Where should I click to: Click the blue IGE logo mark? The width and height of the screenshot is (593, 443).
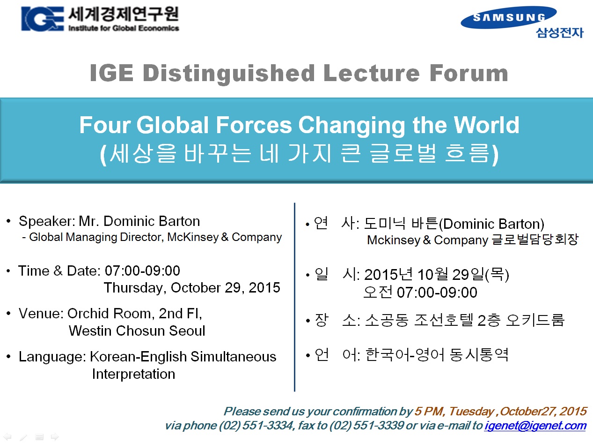tap(43, 19)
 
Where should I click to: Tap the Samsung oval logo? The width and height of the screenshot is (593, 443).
tap(508, 17)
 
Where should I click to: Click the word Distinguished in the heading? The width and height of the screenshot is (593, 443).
tap(228, 73)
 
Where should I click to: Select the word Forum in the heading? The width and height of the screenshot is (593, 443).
tap(469, 73)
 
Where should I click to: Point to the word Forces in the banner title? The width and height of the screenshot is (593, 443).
tap(254, 125)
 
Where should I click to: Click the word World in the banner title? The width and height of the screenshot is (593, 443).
tap(486, 125)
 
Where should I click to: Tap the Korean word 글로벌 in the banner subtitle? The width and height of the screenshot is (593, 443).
tap(403, 153)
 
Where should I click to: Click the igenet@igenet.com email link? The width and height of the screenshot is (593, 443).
tap(535, 425)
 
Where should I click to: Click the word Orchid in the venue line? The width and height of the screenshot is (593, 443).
tap(88, 313)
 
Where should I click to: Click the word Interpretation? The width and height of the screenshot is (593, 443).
tap(133, 374)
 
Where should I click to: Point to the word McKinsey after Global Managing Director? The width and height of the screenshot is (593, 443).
tap(193, 237)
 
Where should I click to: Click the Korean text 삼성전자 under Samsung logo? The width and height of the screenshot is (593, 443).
tap(560, 33)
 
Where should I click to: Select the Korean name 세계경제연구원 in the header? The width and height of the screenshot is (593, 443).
tap(124, 15)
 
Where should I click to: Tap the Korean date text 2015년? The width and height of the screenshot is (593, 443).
tap(388, 274)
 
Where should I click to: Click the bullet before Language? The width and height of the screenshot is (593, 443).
tap(8, 356)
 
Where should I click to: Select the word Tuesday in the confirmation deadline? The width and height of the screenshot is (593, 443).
tap(471, 411)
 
